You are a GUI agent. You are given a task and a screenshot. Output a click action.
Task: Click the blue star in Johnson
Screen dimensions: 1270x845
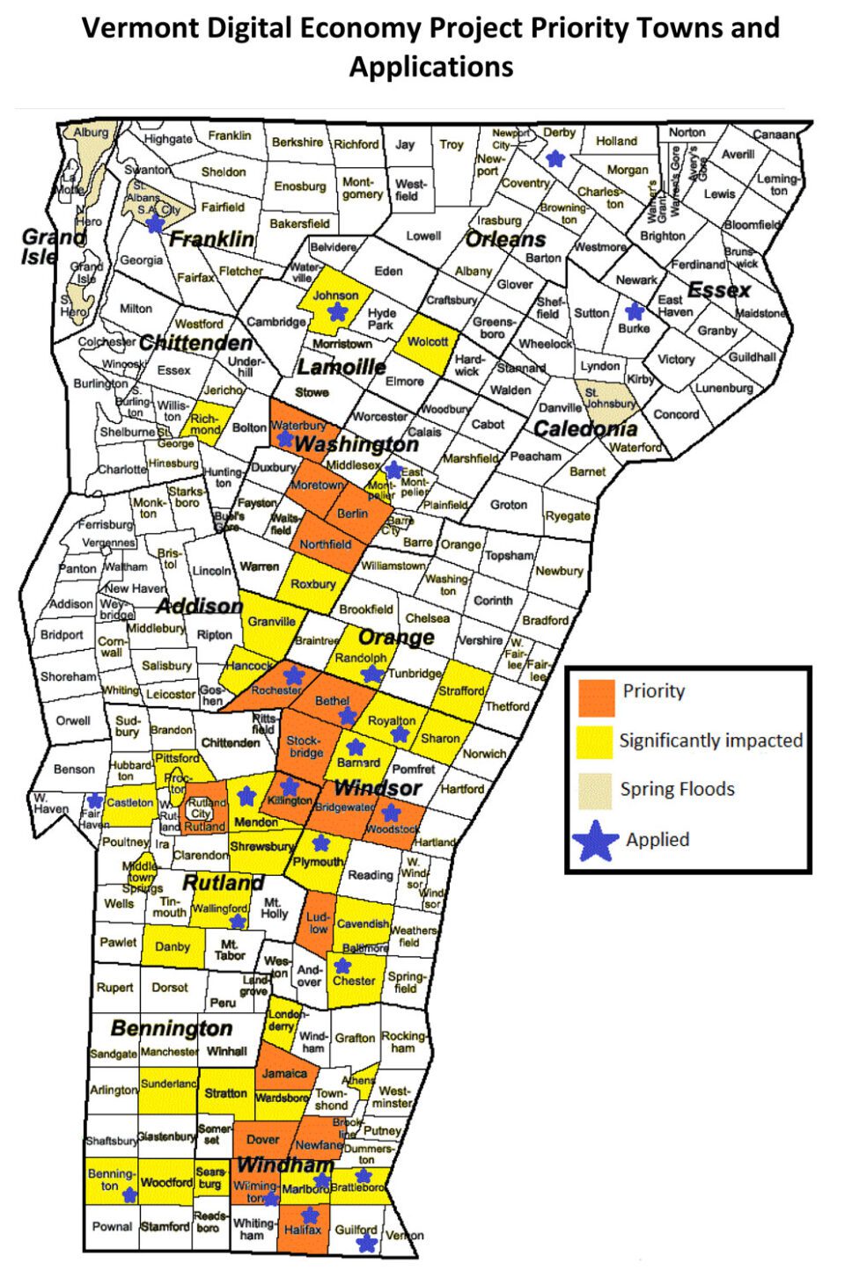337,311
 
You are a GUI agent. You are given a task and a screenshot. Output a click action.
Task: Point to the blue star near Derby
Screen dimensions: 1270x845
555,158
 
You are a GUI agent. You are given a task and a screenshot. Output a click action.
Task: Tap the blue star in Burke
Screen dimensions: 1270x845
633,310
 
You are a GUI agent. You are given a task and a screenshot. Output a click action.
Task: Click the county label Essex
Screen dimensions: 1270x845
718,290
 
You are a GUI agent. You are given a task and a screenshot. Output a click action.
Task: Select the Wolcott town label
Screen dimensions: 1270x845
428,341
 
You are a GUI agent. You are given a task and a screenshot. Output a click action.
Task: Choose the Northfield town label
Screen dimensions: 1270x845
325,544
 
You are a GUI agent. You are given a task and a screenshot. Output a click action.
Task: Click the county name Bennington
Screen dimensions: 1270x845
172,1028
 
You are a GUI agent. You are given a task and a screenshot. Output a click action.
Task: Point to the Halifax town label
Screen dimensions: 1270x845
303,1230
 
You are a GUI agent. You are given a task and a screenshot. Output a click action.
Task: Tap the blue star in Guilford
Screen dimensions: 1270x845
367,1243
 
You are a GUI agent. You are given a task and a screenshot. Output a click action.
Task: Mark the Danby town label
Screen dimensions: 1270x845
173,947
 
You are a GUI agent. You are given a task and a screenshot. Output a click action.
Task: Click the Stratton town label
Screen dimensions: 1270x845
225,1093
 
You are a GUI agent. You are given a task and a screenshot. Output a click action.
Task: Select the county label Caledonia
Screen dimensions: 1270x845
585,429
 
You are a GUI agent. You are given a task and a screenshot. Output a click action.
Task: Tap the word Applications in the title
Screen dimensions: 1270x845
431,67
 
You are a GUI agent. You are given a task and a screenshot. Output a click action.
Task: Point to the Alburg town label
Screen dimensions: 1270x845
91,133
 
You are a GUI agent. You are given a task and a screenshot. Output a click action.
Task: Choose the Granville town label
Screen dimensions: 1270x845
271,621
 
